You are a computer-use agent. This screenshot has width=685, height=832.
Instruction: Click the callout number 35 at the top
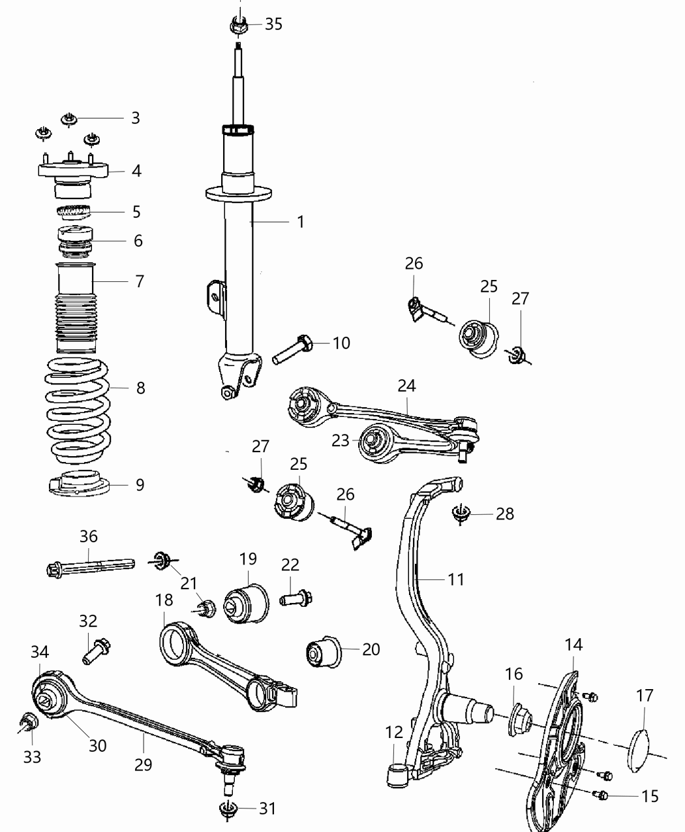273,25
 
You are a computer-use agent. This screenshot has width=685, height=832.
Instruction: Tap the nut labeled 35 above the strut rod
238,26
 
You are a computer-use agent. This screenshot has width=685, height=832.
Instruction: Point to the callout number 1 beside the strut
300,222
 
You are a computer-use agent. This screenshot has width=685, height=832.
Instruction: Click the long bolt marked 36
89,565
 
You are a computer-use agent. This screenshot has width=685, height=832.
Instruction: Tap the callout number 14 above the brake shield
573,645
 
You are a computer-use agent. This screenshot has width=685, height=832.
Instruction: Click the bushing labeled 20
325,651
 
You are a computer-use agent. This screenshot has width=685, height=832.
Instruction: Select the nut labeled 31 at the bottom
227,809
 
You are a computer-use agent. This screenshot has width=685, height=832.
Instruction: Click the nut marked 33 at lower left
29,722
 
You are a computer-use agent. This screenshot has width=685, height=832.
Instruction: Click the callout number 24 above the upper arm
406,386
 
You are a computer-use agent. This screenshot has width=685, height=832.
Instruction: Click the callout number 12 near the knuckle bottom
394,733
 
